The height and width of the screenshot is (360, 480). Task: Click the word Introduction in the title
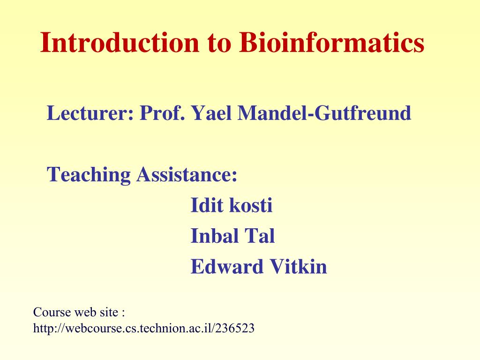coord(120,43)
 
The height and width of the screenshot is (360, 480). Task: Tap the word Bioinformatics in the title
coord(331,43)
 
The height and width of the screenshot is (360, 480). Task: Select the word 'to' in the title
coord(219,43)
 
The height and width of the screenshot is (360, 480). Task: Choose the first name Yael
coord(212,113)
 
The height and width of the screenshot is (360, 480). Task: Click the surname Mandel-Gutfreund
coord(324,113)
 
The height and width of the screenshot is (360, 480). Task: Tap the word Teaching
coord(89,175)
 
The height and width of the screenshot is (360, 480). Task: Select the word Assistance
coord(187,175)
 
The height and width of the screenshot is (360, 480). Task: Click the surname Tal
coord(259,236)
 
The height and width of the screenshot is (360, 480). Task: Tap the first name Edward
coord(227,267)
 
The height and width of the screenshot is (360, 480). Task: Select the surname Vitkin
coord(298,267)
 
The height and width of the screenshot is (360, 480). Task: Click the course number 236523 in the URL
coord(237,328)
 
